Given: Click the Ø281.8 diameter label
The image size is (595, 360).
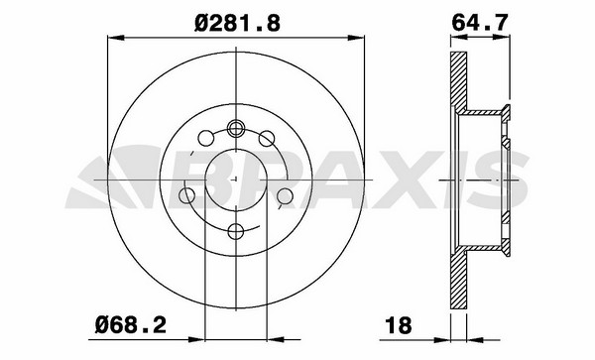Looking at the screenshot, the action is [238, 23].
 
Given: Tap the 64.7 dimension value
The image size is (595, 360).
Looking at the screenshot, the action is [479, 23].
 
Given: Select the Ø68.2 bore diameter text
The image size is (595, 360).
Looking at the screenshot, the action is [131, 324].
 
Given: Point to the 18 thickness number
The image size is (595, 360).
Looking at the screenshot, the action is [399, 325].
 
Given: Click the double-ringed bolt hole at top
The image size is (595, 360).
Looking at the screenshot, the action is [236, 129].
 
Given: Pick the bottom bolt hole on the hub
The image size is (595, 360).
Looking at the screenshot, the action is [236, 231].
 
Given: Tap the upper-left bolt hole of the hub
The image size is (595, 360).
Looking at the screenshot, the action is [205, 138].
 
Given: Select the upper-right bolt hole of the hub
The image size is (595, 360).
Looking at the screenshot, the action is [267, 138].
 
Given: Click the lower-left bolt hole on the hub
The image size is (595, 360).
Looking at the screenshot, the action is [186, 195].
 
